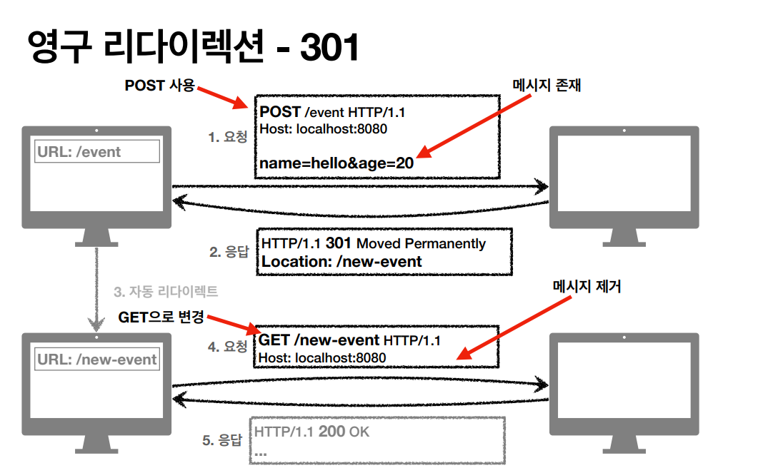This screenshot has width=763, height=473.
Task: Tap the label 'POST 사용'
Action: tap(159, 86)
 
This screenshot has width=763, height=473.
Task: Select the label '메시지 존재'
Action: tap(547, 85)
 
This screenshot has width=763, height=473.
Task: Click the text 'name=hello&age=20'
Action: tap(336, 163)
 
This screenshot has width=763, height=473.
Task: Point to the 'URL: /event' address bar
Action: tap(97, 151)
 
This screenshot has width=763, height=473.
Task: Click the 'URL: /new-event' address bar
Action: tap(97, 359)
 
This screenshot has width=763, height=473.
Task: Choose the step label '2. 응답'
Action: tap(228, 252)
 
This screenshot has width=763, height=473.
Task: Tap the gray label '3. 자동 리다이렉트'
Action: tap(166, 292)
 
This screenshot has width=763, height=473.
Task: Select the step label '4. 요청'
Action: tap(228, 347)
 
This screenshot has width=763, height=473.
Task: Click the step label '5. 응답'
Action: tap(223, 440)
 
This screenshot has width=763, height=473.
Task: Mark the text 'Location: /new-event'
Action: tap(341, 262)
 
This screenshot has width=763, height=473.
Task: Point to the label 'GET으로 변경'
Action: tap(161, 317)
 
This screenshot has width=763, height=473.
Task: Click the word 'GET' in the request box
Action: tap(274, 340)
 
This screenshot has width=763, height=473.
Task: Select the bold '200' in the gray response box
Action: tap(331, 432)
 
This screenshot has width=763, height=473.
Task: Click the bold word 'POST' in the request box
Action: tap(280, 112)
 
